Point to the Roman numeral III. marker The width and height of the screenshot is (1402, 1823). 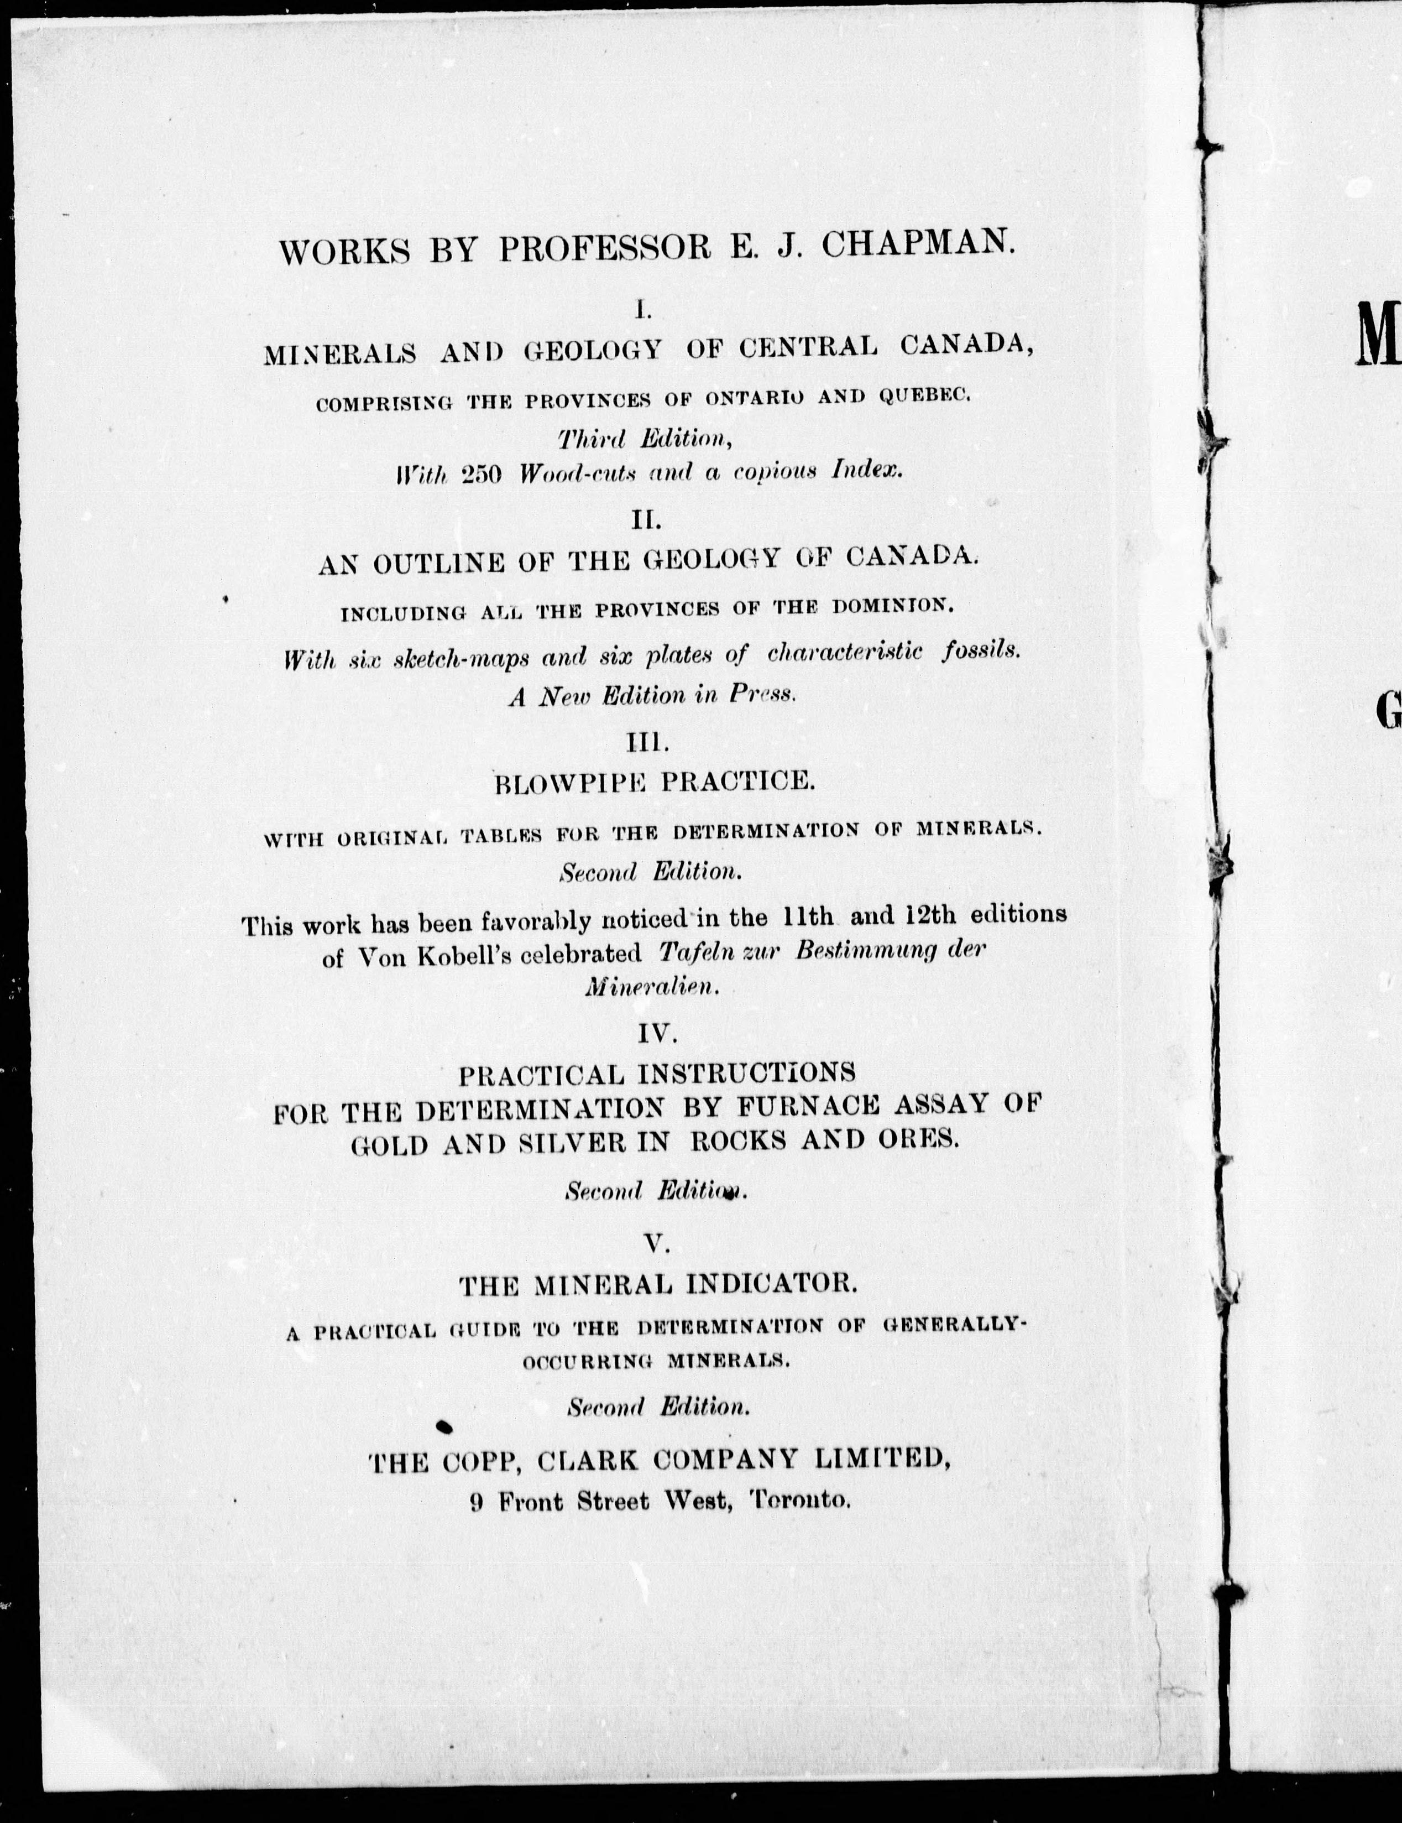point(647,741)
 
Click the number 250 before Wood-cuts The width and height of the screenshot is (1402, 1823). point(480,474)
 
